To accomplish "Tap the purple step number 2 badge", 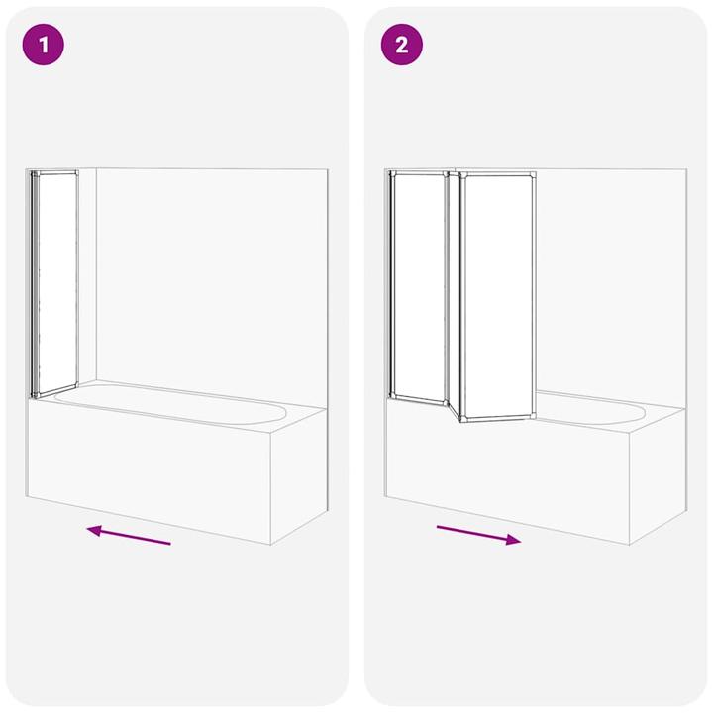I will click(x=402, y=46).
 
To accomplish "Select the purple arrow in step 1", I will click(x=129, y=536).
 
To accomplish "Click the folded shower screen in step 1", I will click(x=55, y=283).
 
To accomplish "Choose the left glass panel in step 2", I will click(x=419, y=287).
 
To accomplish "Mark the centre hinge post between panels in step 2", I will click(x=455, y=292).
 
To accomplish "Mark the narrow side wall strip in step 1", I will click(x=87, y=277).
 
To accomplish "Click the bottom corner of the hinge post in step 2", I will click(x=460, y=419).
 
